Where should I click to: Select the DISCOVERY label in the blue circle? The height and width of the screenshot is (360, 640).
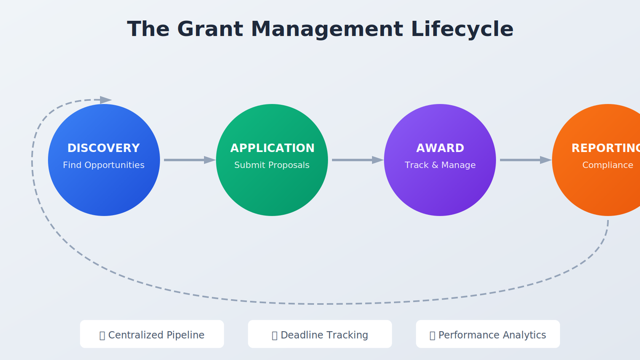[x=103, y=148]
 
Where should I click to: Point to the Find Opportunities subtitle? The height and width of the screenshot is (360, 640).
[x=103, y=165]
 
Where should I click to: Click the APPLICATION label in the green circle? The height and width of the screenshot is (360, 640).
[x=272, y=148]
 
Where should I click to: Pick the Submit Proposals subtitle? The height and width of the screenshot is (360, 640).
[x=272, y=165]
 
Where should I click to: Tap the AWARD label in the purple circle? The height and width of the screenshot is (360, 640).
[x=440, y=148]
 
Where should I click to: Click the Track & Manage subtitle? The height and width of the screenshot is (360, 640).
[x=440, y=165]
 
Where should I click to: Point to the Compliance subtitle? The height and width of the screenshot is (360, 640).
[x=607, y=165]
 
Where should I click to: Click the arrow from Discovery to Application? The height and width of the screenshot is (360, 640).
[x=189, y=160]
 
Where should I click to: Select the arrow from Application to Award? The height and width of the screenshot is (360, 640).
[x=357, y=160]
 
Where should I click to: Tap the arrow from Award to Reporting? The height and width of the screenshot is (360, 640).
[x=525, y=160]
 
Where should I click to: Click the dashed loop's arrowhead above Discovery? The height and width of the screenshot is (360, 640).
[x=106, y=100]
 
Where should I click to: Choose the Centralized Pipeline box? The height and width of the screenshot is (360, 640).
[x=152, y=334]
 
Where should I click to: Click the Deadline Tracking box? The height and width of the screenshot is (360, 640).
[x=320, y=334]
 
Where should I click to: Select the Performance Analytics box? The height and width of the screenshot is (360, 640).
[x=488, y=334]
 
